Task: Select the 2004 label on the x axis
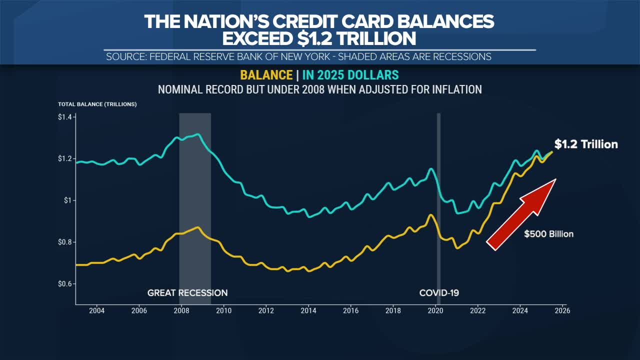pyautogui.click(x=96, y=310)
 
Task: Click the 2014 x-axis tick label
pyautogui.click(x=308, y=310)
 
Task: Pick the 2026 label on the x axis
pyautogui.click(x=562, y=310)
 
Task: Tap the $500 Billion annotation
pyautogui.click(x=548, y=234)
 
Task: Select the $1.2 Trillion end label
pyautogui.click(x=586, y=144)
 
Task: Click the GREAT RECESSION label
pyautogui.click(x=187, y=293)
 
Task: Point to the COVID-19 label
pyautogui.click(x=439, y=293)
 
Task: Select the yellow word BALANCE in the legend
pyautogui.click(x=266, y=75)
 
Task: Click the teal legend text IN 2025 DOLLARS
pyautogui.click(x=350, y=75)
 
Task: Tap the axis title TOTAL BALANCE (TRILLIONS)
pyautogui.click(x=97, y=104)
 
